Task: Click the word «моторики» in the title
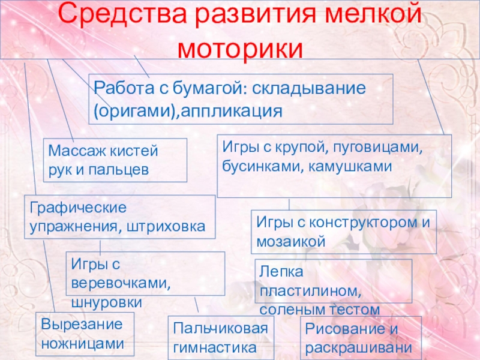tap(240, 47)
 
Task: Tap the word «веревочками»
tap(121, 282)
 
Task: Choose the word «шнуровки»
tap(106, 301)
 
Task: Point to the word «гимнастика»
tap(215, 346)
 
